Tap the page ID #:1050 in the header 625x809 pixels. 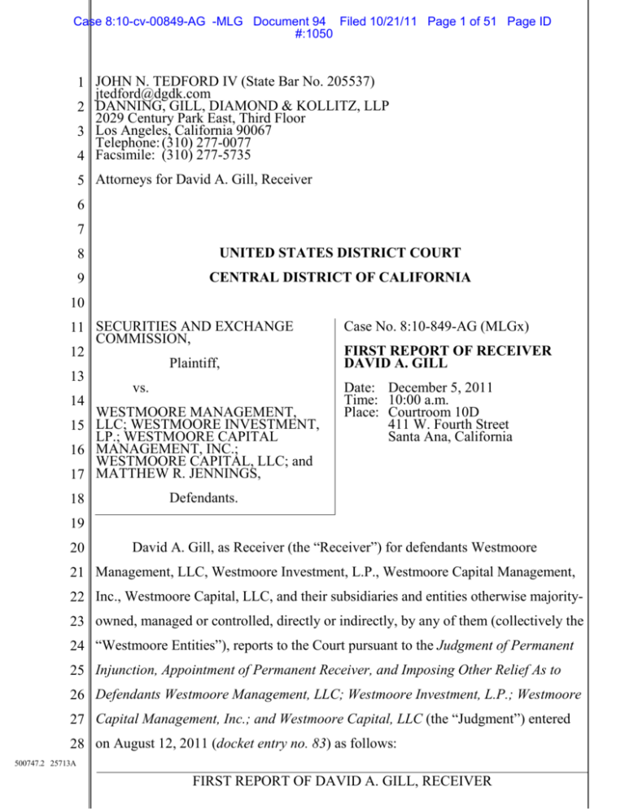(312, 28)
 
